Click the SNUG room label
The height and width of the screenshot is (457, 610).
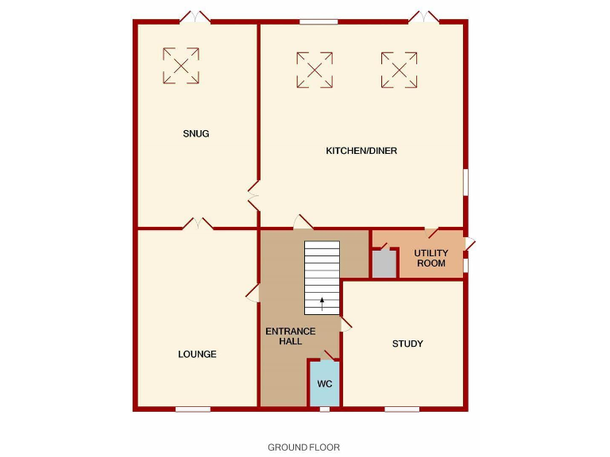point(195,133)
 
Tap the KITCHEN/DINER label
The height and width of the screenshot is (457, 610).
point(361,151)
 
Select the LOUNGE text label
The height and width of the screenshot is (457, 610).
point(197,354)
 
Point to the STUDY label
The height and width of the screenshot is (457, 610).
point(407,344)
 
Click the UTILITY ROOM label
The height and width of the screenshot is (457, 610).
point(431,258)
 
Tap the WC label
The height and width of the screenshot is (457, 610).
point(324,383)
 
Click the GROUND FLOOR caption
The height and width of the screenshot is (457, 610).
point(303,447)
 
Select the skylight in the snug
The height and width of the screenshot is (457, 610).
point(181,65)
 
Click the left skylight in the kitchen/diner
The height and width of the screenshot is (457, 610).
point(315,70)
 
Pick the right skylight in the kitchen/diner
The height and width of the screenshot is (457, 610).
point(399,70)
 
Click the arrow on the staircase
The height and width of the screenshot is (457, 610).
point(322,301)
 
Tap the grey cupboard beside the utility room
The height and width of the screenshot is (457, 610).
point(384,264)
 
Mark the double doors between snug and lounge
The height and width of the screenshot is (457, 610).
point(198,225)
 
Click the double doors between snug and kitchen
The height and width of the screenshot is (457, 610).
point(254,195)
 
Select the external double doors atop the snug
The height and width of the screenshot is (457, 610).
point(195,17)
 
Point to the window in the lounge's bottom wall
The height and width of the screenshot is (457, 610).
point(193,409)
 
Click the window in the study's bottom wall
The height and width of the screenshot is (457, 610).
point(402,409)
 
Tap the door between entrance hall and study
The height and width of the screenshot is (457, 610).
point(346,324)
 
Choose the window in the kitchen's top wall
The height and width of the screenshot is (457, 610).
point(319,21)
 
